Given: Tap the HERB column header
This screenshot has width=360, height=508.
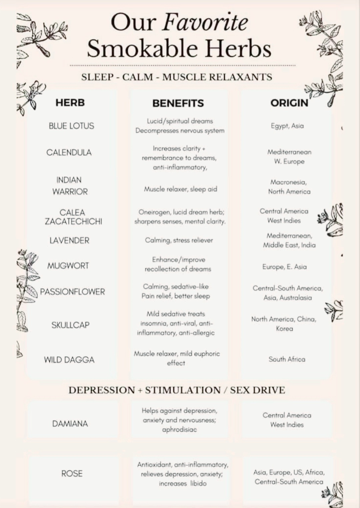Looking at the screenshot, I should [70, 103].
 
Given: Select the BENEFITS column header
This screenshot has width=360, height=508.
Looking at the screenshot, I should [178, 103].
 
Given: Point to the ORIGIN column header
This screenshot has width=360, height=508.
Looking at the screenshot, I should [289, 103].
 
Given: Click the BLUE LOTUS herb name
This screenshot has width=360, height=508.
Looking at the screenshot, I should [71, 126].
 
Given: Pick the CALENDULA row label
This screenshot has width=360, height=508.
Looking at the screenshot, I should [69, 153].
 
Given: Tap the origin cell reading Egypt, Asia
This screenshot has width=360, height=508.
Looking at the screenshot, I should [287, 126].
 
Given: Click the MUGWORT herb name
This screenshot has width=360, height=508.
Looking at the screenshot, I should [68, 266].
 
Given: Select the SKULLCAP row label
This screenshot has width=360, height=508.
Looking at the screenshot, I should [70, 325].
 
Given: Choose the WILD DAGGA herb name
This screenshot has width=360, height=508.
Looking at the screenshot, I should [69, 360].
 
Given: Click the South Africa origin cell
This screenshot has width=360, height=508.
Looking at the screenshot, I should [287, 359].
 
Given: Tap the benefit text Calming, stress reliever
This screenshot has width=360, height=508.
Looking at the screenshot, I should [179, 240].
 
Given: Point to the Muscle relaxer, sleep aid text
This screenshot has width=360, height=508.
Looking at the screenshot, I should [180, 189].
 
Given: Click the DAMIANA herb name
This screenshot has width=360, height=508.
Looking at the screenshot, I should [70, 424].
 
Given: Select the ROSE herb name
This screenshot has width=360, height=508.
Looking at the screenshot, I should [72, 473].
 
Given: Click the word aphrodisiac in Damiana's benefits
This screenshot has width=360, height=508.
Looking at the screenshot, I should [179, 430].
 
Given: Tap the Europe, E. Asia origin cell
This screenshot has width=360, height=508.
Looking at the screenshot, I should [284, 267].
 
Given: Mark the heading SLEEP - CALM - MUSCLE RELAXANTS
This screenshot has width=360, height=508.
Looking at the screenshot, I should [177, 77].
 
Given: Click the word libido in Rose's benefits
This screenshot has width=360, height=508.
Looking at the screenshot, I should [198, 483].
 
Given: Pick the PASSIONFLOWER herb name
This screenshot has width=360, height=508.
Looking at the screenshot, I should [72, 292].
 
